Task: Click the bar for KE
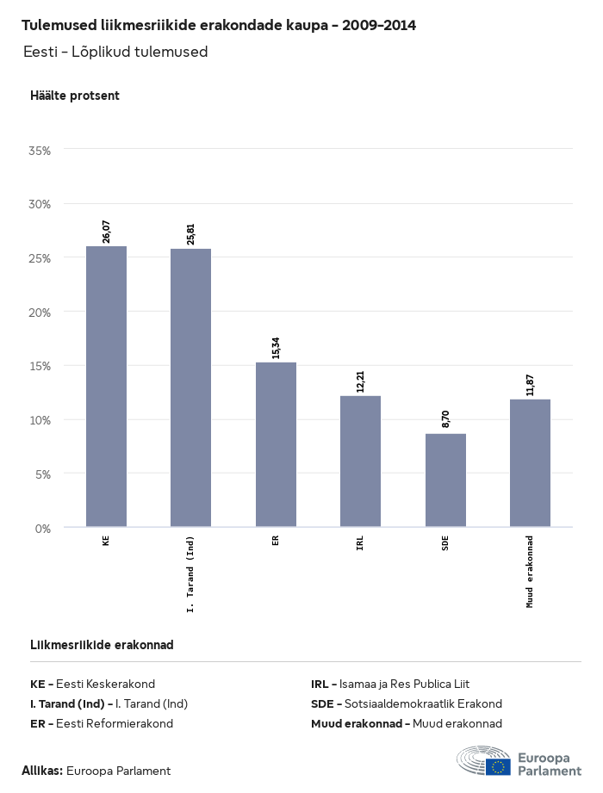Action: tap(106, 387)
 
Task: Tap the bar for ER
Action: tap(276, 444)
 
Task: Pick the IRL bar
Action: tap(360, 462)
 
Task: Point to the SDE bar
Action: tap(445, 480)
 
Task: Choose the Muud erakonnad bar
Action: tap(530, 463)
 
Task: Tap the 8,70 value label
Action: tap(446, 419)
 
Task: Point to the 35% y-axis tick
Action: tap(40, 150)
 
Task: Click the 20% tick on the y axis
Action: tap(40, 312)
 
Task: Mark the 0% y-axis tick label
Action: tap(43, 528)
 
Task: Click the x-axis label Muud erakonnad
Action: tap(531, 572)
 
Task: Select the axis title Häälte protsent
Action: tap(75, 96)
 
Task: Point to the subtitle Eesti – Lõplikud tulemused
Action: tap(115, 52)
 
